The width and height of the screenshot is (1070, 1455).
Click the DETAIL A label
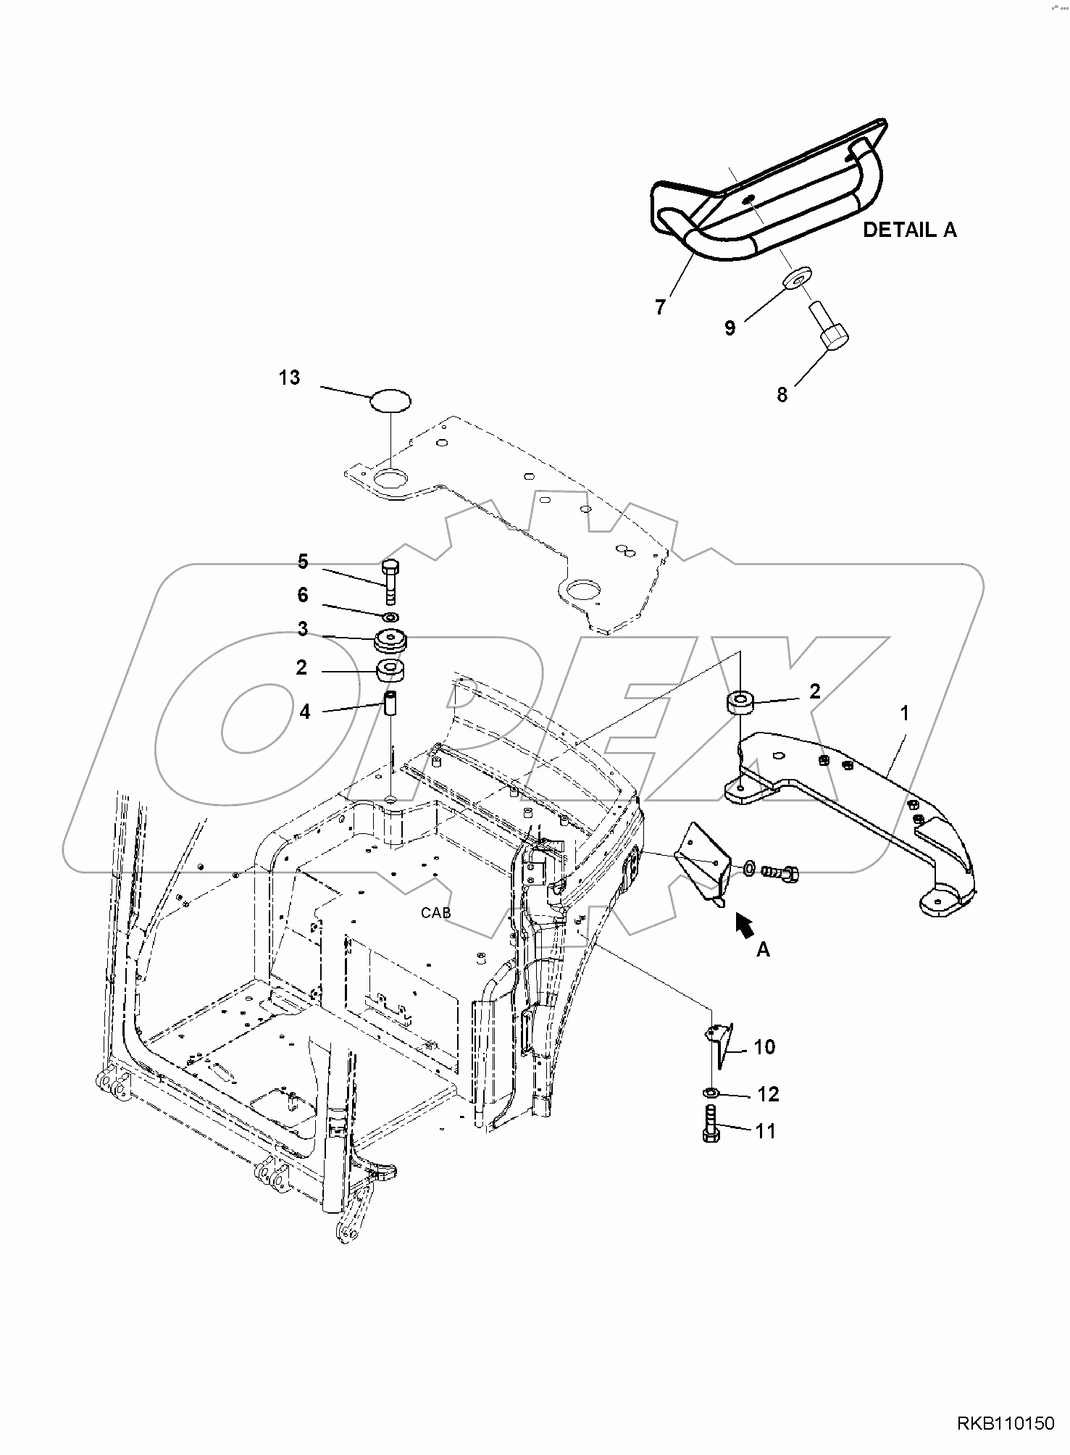909,230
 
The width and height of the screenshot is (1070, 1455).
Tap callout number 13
289,378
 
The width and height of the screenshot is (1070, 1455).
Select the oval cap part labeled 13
390,399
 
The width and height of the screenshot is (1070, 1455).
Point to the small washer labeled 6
390,617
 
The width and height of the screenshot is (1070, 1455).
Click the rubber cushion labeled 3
390,641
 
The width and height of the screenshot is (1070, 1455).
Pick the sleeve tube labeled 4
391,705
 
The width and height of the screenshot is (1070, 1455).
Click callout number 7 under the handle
659,307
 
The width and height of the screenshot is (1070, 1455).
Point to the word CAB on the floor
435,912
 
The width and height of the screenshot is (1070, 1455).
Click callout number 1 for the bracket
904,713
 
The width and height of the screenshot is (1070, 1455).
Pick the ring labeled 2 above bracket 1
740,702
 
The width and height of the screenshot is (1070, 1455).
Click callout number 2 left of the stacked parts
301,667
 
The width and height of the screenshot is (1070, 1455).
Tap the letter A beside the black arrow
763,950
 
